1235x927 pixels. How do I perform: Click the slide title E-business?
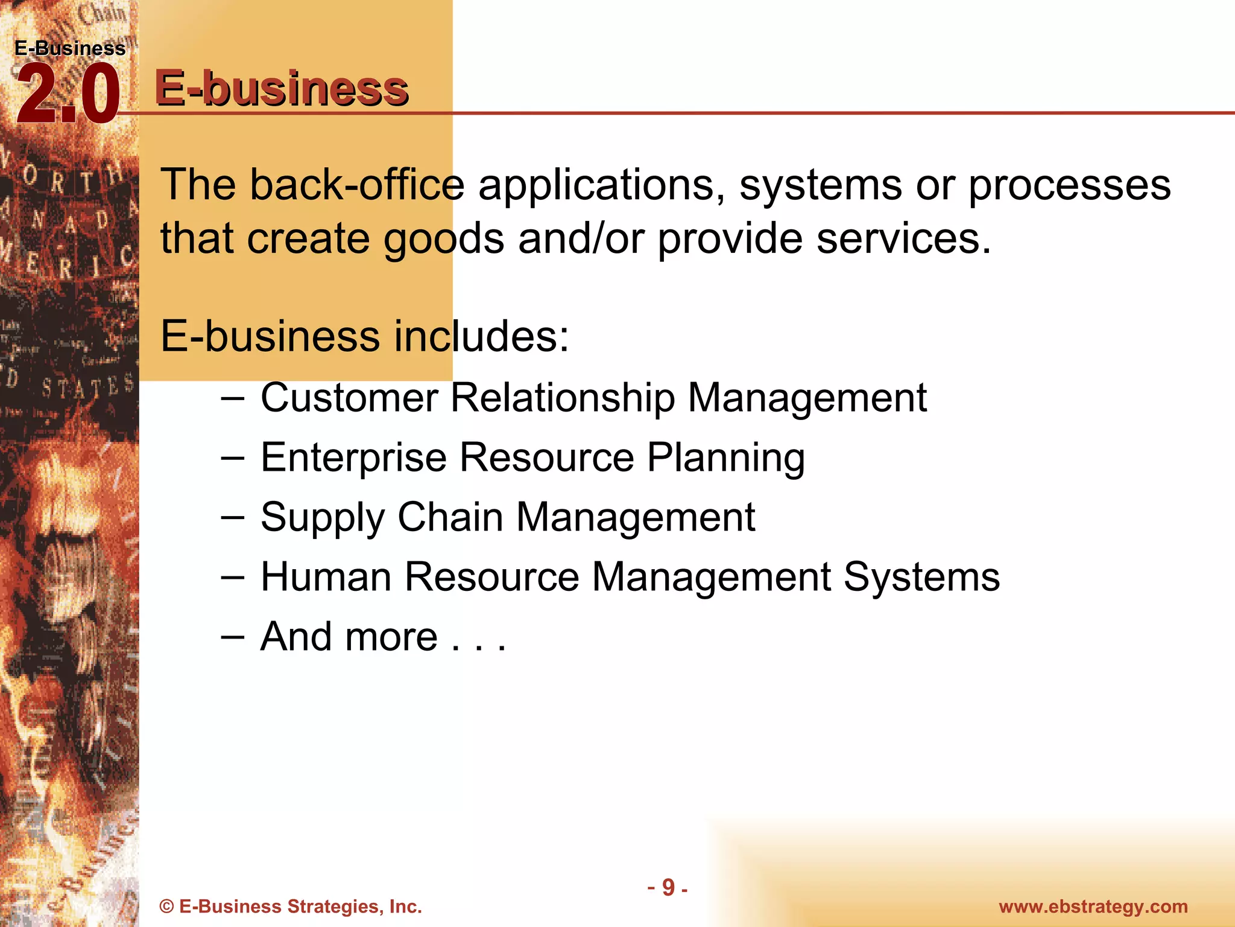tap(282, 88)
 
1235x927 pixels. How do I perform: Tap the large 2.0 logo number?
tap(68, 95)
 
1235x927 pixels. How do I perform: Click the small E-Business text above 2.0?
tap(70, 48)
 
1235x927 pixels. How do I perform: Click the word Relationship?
tap(563, 399)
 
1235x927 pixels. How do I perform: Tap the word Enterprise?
tap(353, 458)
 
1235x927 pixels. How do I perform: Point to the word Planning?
tap(725, 458)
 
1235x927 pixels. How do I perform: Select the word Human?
tap(326, 576)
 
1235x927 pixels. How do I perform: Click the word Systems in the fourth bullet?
tap(921, 578)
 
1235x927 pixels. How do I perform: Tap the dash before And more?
tap(232, 637)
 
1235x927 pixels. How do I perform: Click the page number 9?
tap(668, 887)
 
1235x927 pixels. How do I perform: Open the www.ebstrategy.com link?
tap(1093, 906)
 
